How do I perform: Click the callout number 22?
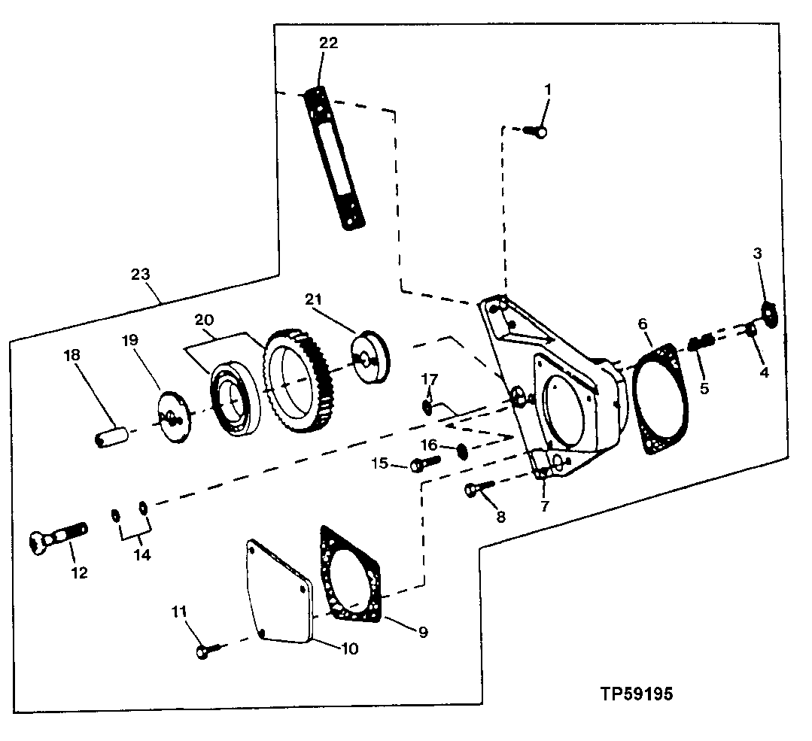(328, 43)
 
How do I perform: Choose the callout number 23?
(141, 275)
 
